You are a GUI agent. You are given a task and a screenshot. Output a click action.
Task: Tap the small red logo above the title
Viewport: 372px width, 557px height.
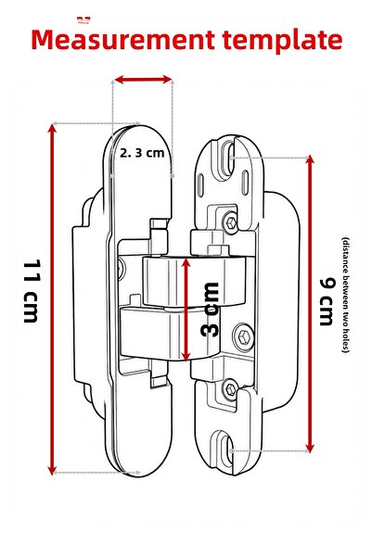pos(84,18)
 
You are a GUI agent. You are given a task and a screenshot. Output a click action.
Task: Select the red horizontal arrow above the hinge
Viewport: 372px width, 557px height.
pos(143,81)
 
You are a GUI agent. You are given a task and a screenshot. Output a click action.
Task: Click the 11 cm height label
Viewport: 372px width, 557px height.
pos(31,293)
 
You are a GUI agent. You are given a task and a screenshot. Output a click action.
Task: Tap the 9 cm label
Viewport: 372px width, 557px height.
pos(326,302)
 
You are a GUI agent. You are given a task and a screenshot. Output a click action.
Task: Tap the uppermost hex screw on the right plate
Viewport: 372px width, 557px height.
pos(229,221)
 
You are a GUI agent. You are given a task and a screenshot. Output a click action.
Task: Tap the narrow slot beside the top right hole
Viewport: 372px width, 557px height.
pos(240,167)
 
